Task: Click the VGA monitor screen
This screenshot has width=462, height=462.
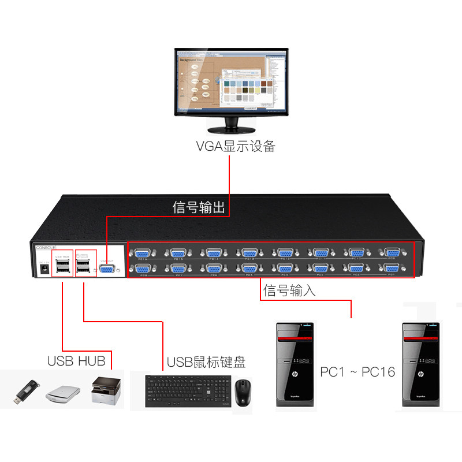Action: (x=232, y=80)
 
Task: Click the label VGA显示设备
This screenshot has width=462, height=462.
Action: (x=236, y=146)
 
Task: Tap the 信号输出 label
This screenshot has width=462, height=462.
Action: (x=198, y=207)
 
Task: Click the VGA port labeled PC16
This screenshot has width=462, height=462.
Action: (x=141, y=254)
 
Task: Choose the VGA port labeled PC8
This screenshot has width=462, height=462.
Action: (x=141, y=269)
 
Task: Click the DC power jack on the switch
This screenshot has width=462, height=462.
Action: (x=42, y=270)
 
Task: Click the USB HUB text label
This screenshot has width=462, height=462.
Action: (x=76, y=362)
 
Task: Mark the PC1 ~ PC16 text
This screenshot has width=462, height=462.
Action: (x=357, y=372)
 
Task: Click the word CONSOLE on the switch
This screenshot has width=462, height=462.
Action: (x=46, y=247)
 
